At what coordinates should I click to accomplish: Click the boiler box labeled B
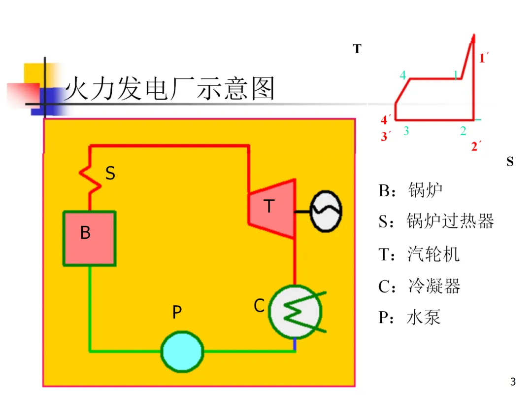90,238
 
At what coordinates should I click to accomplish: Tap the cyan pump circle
182,351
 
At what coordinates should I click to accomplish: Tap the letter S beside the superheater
110,174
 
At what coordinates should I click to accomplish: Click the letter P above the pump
177,312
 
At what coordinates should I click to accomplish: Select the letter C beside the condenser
259,306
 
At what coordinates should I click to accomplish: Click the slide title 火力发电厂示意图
169,89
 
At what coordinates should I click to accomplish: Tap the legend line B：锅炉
410,190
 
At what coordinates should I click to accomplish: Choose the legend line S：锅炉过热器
436,221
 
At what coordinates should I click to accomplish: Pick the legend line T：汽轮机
419,254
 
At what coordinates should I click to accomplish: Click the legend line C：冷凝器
419,286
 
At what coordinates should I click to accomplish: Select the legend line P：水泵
409,317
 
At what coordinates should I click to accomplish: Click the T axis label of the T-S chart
357,49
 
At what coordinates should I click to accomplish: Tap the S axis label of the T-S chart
510,161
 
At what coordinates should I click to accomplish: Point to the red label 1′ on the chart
484,58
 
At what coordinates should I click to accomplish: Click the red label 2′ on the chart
476,146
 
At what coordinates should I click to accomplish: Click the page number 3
513,382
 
